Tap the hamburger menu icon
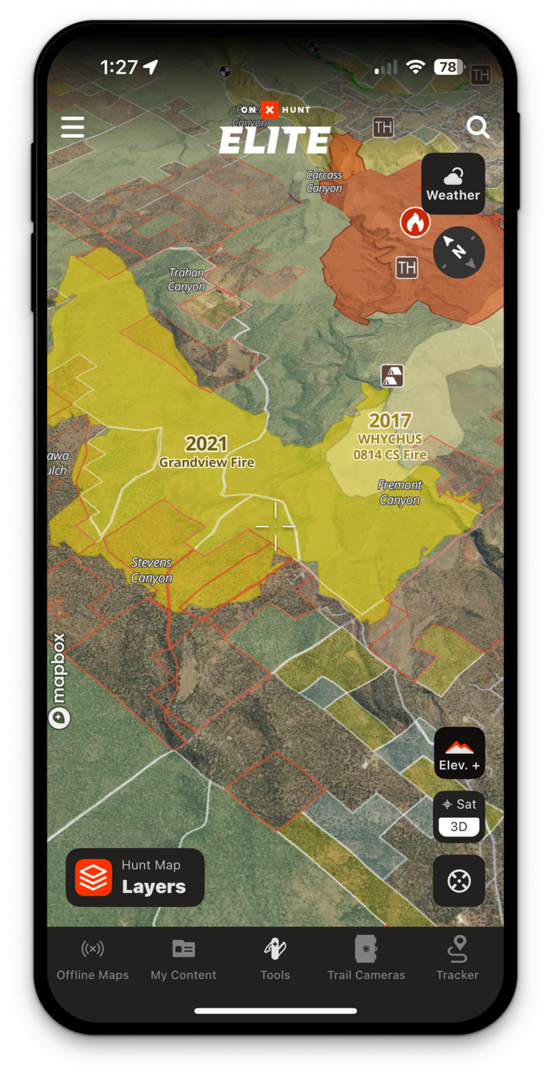point(73,127)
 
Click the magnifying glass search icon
point(477,128)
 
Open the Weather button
point(453,184)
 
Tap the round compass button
point(459,252)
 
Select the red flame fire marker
point(414,223)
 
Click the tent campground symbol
point(392,375)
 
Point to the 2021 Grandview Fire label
point(206,452)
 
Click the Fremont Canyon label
point(400,492)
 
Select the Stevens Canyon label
point(151,570)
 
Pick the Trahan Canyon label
point(186,279)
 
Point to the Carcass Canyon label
point(324,181)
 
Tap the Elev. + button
point(460,753)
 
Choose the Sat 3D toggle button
point(459,816)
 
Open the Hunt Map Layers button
point(136,877)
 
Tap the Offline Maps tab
point(93,960)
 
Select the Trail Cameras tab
point(366,960)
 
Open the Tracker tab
point(457,960)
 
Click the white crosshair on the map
point(275,527)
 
